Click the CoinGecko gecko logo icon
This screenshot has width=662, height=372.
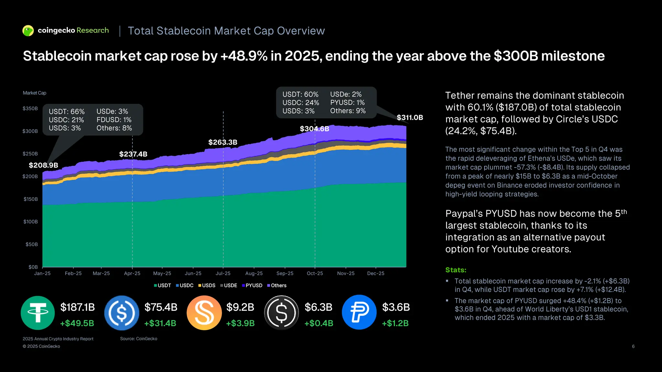click(28, 31)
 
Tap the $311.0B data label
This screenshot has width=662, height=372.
click(410, 118)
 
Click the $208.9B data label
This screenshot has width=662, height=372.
click(43, 165)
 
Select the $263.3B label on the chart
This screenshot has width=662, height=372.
click(223, 142)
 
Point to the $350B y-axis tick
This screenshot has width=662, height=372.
click(30, 108)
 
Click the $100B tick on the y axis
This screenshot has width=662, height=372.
click(30, 222)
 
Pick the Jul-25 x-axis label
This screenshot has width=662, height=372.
click(223, 274)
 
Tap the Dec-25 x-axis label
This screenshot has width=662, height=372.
click(376, 274)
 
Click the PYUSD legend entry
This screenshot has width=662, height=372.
click(252, 285)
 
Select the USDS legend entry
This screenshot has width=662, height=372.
click(207, 285)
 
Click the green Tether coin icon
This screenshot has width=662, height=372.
click(38, 313)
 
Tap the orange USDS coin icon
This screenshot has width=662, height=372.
click(204, 313)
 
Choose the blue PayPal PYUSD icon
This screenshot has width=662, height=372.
click(359, 312)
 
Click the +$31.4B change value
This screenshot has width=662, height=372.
click(160, 323)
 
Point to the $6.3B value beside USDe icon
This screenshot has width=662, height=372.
click(318, 307)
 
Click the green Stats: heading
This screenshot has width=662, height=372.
click(456, 270)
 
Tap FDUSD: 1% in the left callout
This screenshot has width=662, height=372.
click(114, 120)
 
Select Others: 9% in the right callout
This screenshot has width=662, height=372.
click(348, 111)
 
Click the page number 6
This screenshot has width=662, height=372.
click(633, 346)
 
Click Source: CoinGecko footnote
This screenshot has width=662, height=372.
click(139, 339)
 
